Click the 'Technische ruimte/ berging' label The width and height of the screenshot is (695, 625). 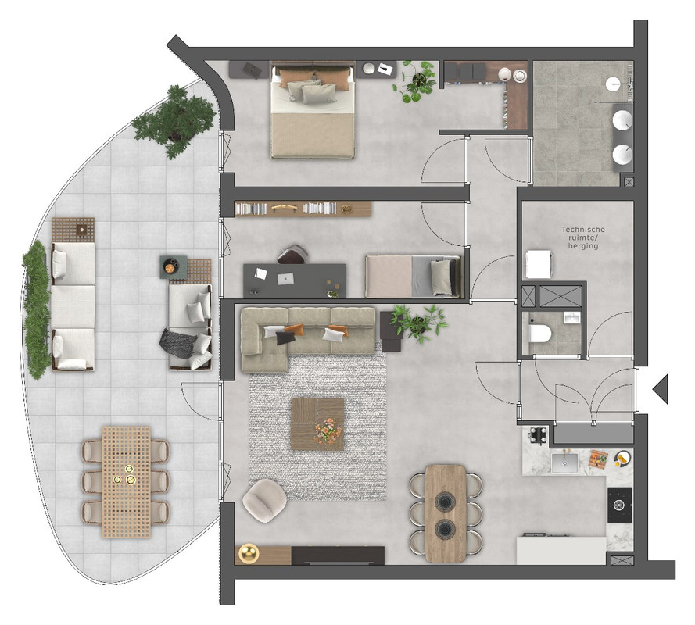tap(583, 237)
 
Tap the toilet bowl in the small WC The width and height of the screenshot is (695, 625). tap(540, 334)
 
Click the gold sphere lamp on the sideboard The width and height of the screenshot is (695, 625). tap(249, 553)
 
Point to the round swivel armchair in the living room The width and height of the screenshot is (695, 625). tap(264, 501)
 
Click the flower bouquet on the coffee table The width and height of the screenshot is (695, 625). tap(328, 430)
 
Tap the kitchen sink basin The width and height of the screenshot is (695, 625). tap(564, 462)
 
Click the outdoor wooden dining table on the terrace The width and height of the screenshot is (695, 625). tap(127, 482)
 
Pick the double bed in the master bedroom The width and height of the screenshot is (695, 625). tap(313, 110)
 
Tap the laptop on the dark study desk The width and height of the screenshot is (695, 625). tap(285, 279)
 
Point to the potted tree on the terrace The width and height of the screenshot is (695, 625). tap(174, 120)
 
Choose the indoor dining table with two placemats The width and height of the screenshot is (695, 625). tap(446, 513)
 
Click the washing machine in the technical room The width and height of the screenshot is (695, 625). tap(538, 264)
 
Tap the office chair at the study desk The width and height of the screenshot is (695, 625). tap(292, 254)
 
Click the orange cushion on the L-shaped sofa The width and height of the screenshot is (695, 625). tap(295, 329)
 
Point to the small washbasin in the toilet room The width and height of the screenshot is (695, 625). tap(571, 317)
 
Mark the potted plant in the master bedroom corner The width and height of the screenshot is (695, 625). tap(415, 81)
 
